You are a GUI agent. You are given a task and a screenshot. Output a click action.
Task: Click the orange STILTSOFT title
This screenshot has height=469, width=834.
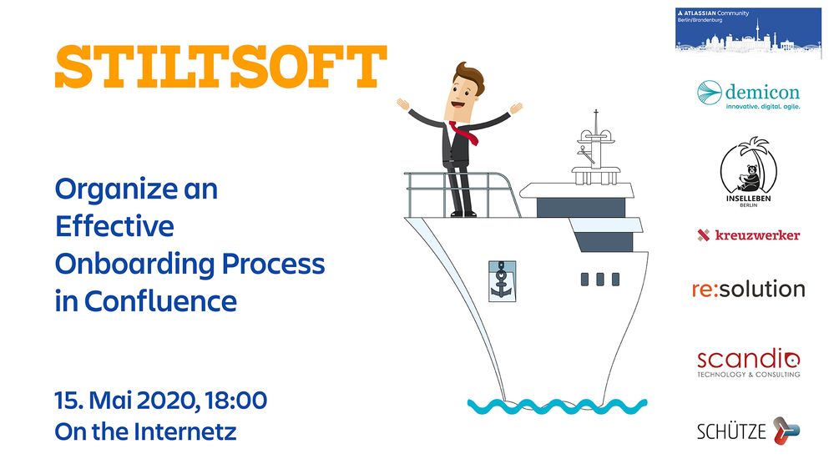[220, 67]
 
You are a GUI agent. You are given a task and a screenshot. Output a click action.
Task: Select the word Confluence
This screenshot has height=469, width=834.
[160, 301]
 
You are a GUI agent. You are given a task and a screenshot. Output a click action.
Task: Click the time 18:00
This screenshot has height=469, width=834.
[236, 401]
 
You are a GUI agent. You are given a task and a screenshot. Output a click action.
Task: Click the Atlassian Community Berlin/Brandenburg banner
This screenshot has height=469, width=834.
[748, 30]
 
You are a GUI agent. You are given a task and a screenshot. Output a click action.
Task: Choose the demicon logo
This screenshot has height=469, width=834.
[748, 94]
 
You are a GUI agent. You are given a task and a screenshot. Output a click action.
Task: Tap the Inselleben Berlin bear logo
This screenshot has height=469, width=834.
[748, 171]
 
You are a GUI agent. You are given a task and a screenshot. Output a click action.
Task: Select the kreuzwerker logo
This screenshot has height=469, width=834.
[748, 235]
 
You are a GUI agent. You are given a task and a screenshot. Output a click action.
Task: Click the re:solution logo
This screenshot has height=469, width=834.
[748, 289]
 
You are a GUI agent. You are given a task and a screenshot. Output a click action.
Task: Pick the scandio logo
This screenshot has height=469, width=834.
[748, 363]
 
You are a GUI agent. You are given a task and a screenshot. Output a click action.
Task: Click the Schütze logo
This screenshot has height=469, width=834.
[748, 431]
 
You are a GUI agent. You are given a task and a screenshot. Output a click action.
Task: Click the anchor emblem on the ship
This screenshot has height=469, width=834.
[502, 281]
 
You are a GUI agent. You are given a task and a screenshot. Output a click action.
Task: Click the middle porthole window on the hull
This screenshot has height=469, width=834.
[600, 280]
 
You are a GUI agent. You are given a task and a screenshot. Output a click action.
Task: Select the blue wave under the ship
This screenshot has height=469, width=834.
[557, 406]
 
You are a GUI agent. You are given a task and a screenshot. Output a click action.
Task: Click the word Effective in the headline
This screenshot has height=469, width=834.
[114, 226]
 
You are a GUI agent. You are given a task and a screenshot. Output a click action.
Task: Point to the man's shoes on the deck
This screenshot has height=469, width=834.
[463, 214]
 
